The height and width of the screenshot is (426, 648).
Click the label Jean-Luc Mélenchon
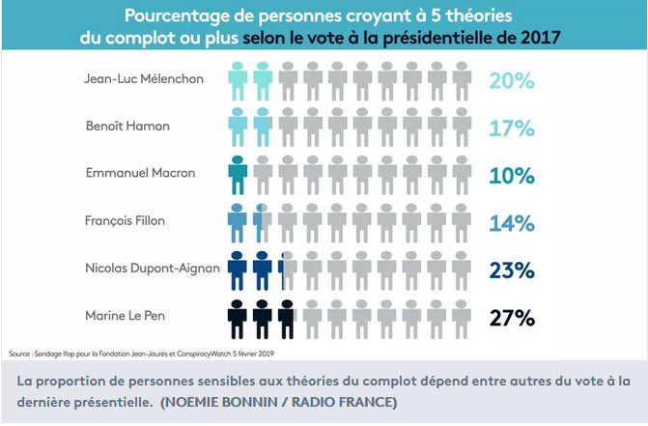coord(145,78)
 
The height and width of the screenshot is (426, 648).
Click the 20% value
coord(512,80)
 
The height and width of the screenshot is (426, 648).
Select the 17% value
coord(512,128)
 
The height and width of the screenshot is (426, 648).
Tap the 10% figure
coord(512,175)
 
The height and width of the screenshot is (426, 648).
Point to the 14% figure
coord(512,223)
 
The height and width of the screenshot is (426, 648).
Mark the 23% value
coord(512,270)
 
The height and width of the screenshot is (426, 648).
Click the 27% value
coord(512,317)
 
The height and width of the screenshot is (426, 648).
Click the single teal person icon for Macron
coord(238,174)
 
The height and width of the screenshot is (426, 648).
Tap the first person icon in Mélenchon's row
coord(238,79)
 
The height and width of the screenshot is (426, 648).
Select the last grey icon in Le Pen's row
coord(461,316)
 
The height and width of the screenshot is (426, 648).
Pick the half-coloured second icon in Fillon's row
coord(263,221)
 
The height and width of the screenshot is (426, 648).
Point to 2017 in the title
coord(537,39)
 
